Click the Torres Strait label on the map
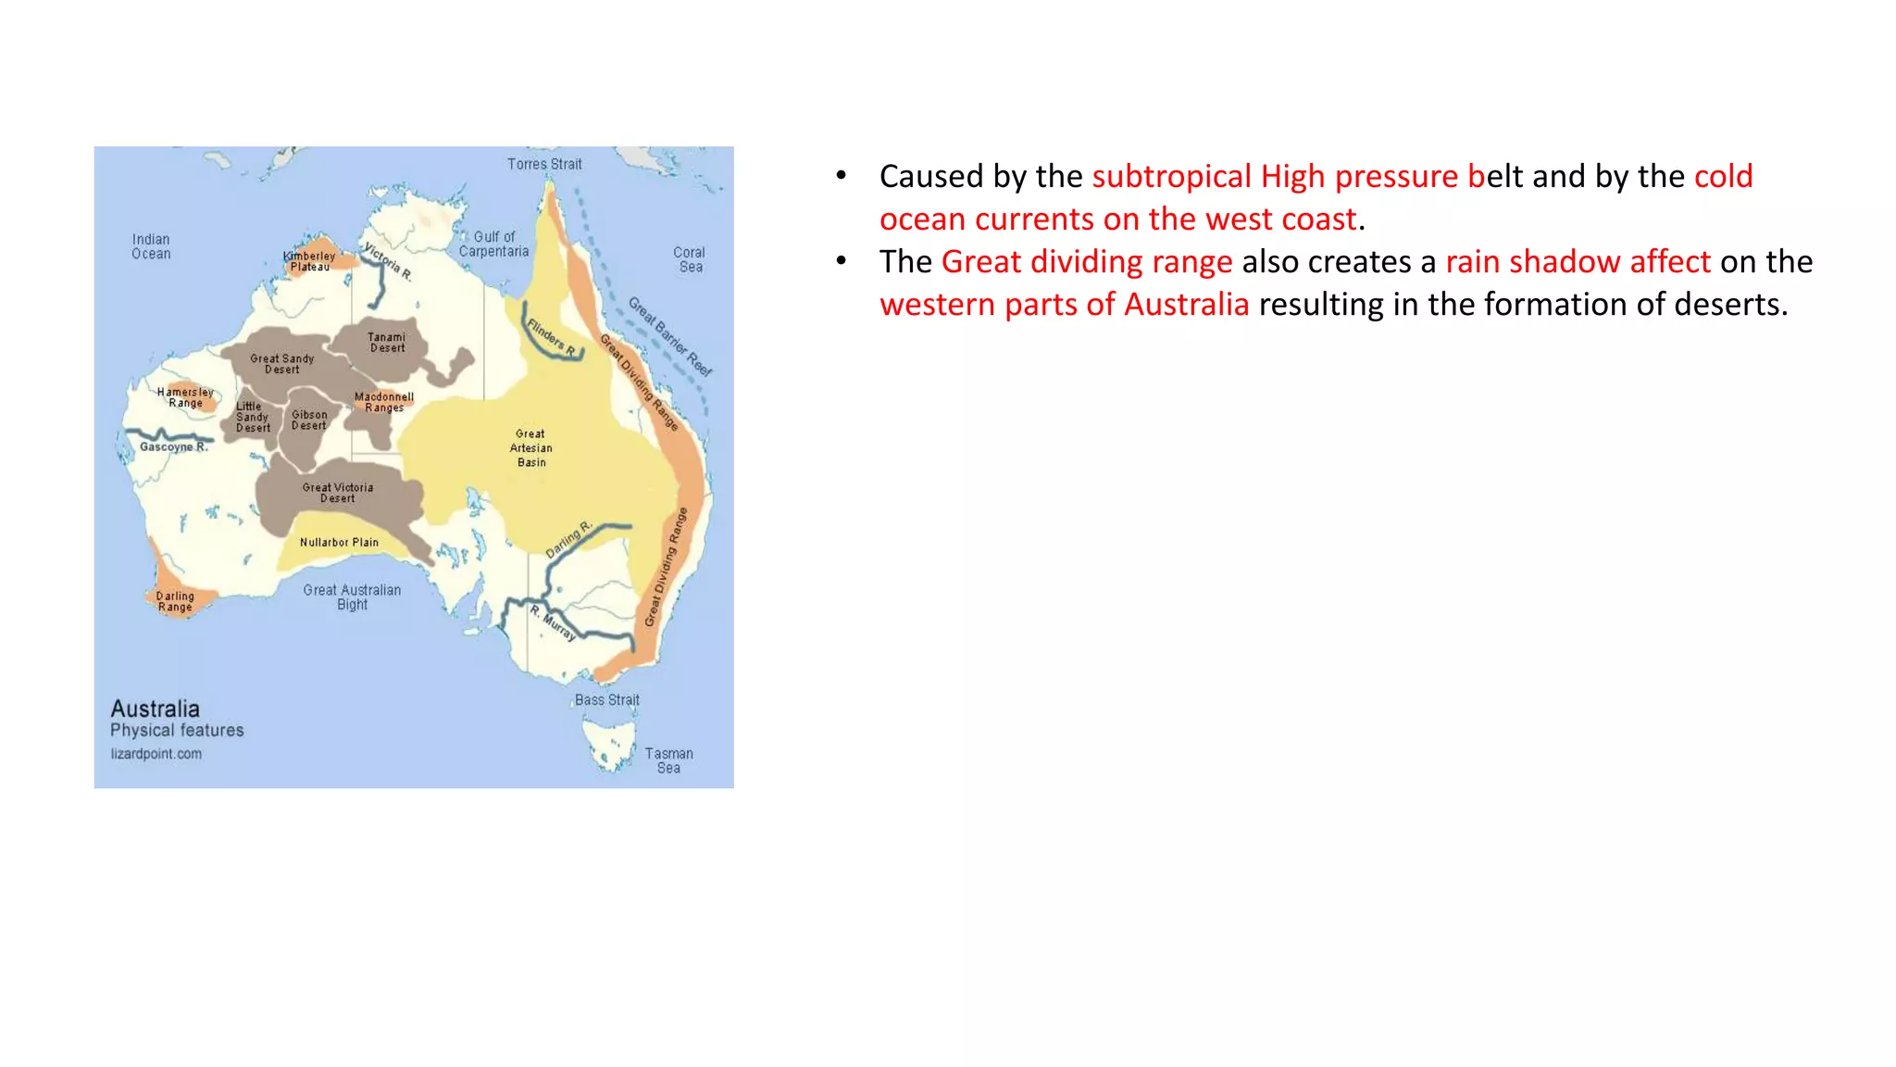click(x=544, y=164)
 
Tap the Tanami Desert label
click(x=387, y=343)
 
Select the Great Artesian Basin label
click(x=531, y=447)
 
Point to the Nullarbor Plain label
click(x=339, y=543)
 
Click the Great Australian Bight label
click(x=352, y=597)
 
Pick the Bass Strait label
click(x=606, y=700)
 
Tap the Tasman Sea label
click(x=668, y=760)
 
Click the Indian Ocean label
click(x=151, y=246)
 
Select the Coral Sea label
click(x=689, y=259)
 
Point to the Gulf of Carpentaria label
click(x=494, y=245)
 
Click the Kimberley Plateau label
click(x=309, y=261)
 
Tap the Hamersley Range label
click(x=185, y=397)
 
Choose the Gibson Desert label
click(x=309, y=421)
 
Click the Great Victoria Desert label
click(x=338, y=493)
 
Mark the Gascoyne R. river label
click(x=173, y=446)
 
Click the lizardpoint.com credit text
click(x=156, y=754)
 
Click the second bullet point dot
click(x=841, y=261)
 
